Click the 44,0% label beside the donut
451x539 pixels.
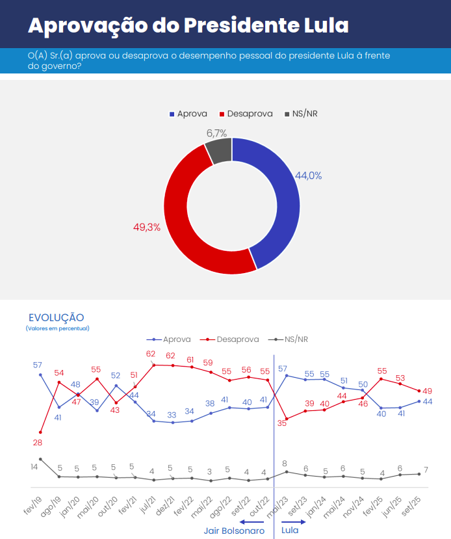point(309,176)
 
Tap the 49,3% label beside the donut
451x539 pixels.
point(147,228)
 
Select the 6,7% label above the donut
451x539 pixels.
point(216,133)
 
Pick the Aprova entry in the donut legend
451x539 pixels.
point(188,114)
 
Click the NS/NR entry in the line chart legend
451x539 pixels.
point(296,339)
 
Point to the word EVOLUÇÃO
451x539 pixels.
point(57,317)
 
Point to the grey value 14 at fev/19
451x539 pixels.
point(34,467)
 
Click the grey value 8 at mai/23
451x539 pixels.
point(285,464)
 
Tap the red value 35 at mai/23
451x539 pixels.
point(282,423)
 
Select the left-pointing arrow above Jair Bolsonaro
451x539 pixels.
point(251,521)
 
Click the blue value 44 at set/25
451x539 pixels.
point(428,402)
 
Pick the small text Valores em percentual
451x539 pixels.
point(58,328)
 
